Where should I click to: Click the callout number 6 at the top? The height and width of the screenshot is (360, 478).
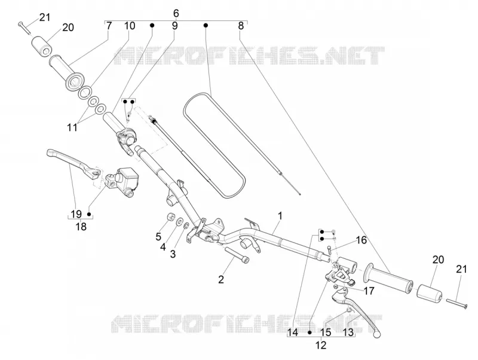click(x=176, y=13)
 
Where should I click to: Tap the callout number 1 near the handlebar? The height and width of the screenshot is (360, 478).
click(x=280, y=216)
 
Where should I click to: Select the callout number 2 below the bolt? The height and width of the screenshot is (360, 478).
click(x=221, y=279)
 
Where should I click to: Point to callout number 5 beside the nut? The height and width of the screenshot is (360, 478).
click(x=158, y=236)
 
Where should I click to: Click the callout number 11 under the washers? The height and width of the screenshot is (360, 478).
click(x=72, y=127)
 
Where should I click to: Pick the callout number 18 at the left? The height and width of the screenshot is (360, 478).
click(x=81, y=227)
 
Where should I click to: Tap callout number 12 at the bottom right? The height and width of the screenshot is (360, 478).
click(x=321, y=345)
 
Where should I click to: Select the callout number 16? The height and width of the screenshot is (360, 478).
click(x=361, y=240)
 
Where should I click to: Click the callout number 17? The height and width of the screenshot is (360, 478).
click(x=369, y=291)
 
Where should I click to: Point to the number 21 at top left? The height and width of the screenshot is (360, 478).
click(x=44, y=17)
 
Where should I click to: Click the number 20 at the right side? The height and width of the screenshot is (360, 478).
click(x=438, y=260)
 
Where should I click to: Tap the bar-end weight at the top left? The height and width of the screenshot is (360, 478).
click(x=41, y=47)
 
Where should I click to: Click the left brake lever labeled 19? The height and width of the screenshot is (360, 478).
click(x=73, y=161)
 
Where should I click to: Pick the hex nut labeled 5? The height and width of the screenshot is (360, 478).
click(x=170, y=217)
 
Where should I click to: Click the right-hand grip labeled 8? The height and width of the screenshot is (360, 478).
click(x=388, y=277)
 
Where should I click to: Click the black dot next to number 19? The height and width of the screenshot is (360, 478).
click(x=89, y=214)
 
